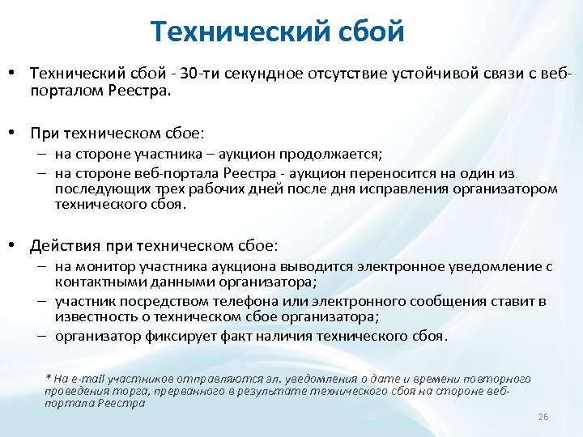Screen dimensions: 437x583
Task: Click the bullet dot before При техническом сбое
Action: (x=15, y=132)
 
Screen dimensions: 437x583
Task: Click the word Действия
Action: (x=62, y=244)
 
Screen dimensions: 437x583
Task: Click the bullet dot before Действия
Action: (x=15, y=244)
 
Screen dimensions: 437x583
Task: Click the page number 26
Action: (x=543, y=416)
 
